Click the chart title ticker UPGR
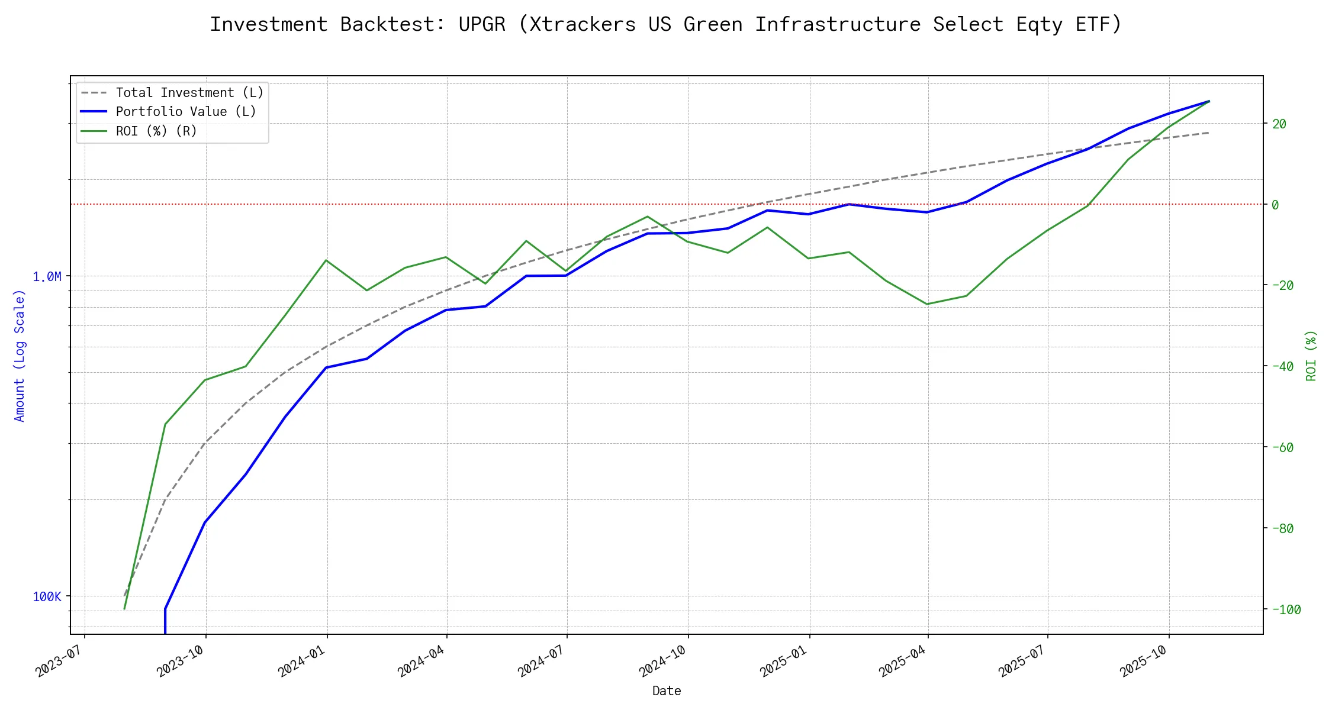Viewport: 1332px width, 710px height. [482, 24]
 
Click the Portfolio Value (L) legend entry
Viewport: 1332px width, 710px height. [186, 112]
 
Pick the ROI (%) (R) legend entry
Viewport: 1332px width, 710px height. [156, 131]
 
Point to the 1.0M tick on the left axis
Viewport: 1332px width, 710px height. [47, 277]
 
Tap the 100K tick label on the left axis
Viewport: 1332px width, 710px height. [47, 597]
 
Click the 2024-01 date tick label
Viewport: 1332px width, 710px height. [303, 661]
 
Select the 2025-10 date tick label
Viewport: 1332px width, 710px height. [1144, 661]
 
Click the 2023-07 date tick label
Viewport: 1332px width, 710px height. [60, 661]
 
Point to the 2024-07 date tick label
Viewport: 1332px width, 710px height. [542, 661]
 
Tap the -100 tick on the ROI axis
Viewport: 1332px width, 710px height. [1285, 610]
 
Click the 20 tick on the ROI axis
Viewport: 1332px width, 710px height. [1279, 124]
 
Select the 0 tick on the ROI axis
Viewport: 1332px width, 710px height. [1275, 205]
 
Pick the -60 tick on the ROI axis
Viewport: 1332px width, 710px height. [1282, 448]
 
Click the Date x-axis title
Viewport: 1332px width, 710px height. [667, 691]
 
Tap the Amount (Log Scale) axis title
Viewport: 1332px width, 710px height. [20, 355]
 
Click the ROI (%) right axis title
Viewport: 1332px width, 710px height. [1311, 355]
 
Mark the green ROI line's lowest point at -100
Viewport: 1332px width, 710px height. [124, 609]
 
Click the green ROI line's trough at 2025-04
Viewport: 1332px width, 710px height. [927, 304]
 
